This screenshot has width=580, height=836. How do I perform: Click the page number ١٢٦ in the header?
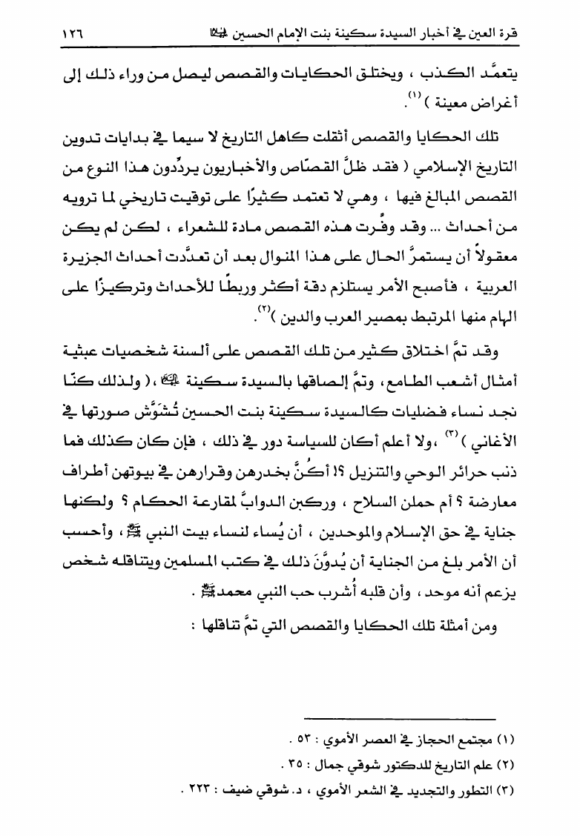click(x=64, y=34)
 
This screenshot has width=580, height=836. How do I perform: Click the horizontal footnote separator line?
click(x=401, y=718)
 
